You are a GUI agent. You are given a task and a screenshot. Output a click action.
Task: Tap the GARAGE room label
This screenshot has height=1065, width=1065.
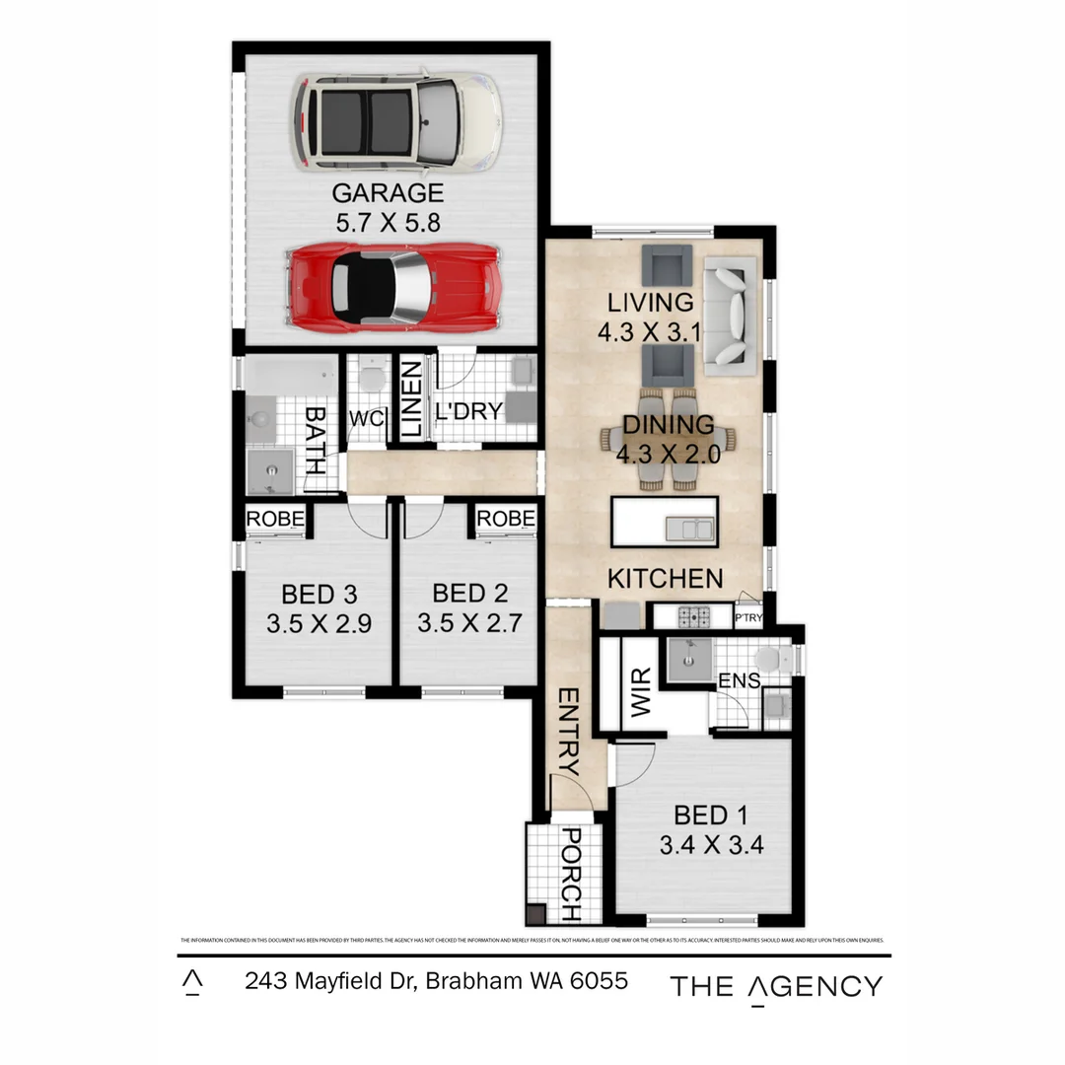pos(388,192)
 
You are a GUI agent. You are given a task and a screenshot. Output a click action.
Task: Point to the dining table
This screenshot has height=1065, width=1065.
pos(668,439)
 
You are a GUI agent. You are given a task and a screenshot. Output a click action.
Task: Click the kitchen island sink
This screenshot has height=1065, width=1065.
pos(689,529)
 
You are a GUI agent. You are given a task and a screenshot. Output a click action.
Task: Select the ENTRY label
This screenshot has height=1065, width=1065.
pos(568,731)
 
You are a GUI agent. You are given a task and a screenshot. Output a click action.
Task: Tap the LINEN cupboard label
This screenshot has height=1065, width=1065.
pos(411,399)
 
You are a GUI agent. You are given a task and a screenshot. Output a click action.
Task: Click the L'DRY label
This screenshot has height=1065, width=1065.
pos(469,411)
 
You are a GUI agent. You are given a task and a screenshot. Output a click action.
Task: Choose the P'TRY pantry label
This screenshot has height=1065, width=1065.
pos(749,618)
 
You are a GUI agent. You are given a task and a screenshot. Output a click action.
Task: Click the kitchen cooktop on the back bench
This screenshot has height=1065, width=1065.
pos(692,618)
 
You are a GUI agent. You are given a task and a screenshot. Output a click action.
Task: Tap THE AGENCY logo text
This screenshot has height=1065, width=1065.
pos(776,986)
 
